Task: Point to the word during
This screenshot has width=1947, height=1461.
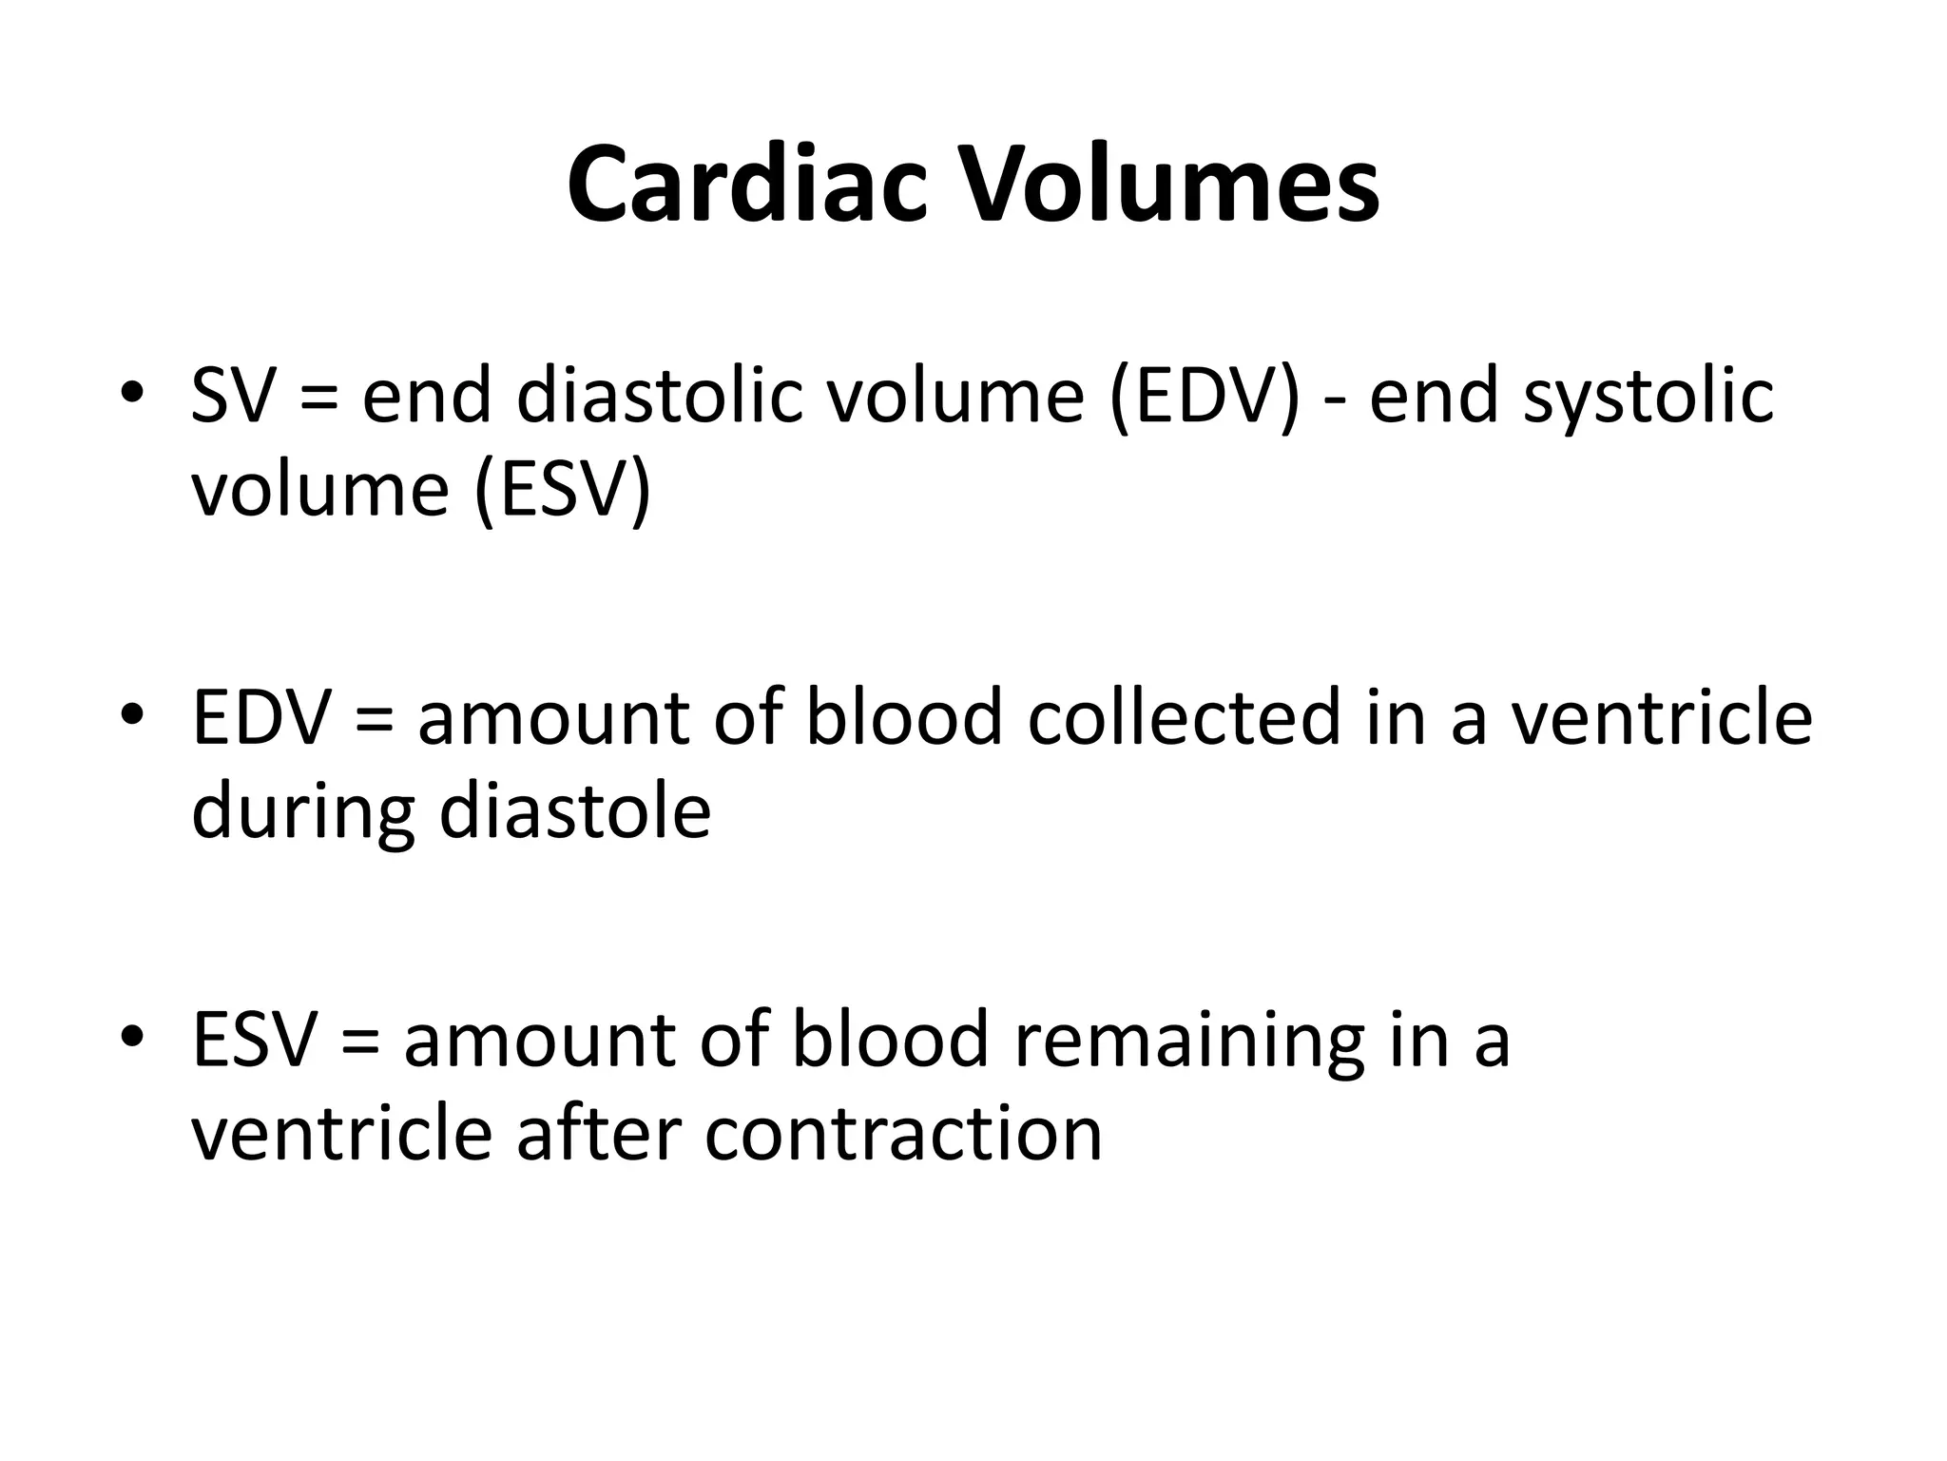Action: coord(303,814)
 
